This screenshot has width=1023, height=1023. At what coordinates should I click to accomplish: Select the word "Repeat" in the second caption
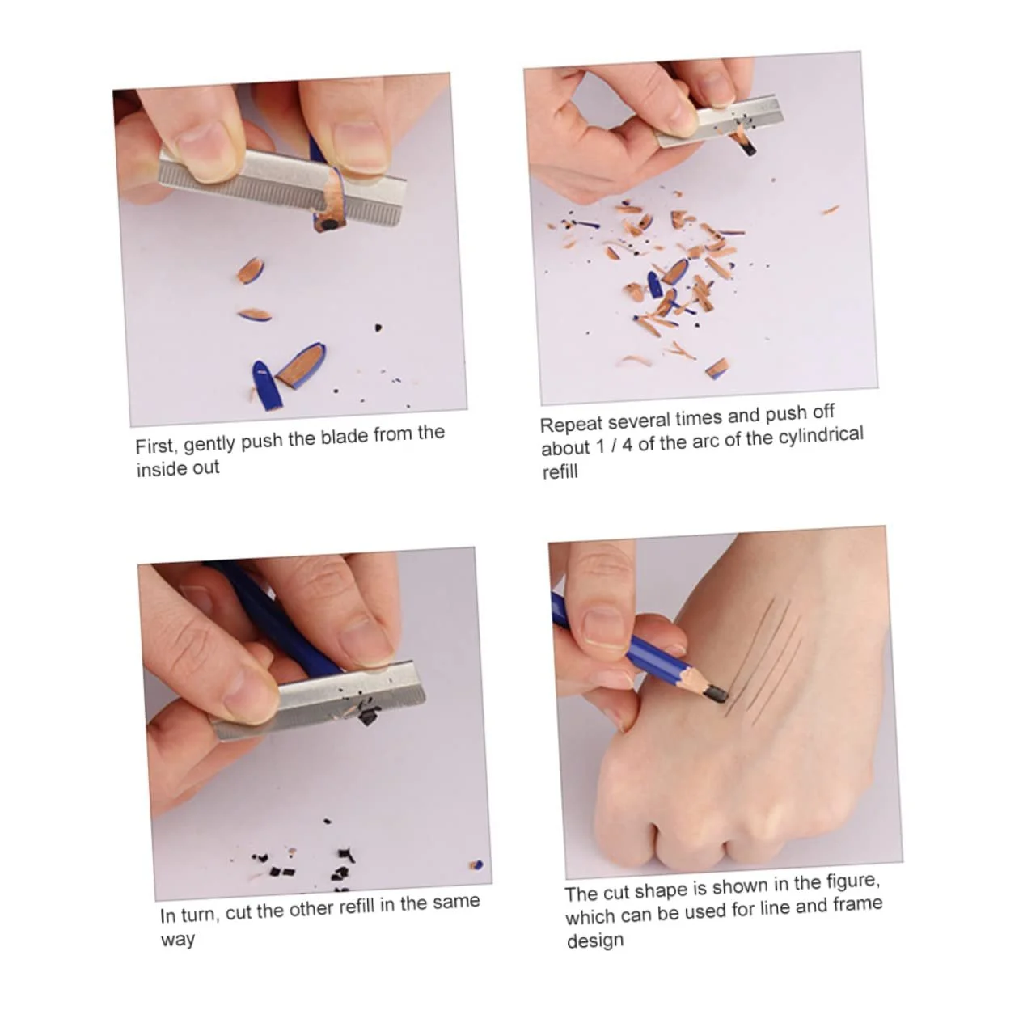[x=571, y=423]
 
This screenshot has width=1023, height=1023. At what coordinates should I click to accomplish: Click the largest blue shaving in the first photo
[x=265, y=385]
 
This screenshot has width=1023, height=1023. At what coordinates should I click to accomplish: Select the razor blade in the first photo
[x=281, y=186]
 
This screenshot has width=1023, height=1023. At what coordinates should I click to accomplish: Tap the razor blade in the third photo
[x=319, y=699]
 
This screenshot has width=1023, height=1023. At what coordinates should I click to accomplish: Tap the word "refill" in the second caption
[x=560, y=471]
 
